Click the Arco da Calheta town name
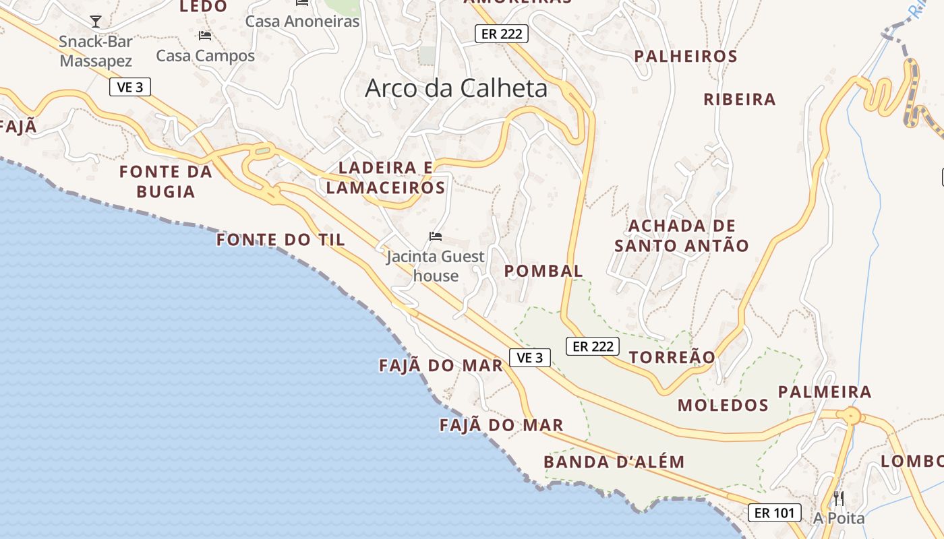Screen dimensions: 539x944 pos(456,88)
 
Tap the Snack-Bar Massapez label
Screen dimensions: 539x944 pos(96,51)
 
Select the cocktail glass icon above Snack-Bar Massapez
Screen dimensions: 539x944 pos(96,22)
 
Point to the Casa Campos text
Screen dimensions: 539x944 pos(206,56)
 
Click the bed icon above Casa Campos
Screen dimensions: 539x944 pos(205,36)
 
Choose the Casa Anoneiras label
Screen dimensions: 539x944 pos(302,21)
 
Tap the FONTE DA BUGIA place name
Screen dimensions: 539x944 pos(166,182)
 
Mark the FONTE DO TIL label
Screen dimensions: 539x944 pos(281,240)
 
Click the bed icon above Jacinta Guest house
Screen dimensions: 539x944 pos(436,236)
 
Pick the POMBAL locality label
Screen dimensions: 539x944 pos(543,271)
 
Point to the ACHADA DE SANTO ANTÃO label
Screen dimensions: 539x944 pos(682,236)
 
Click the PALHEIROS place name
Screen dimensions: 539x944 pos(686,57)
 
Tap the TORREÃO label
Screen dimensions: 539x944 pos(672,357)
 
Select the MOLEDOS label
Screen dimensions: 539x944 pos(723,405)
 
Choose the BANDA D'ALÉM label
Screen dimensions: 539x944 pos(614,462)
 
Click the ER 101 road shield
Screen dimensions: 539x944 pos(774,513)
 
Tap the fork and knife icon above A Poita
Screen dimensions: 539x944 pos(839,499)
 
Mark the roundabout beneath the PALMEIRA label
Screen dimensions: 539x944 pos(852,416)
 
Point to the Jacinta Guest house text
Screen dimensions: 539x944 pos(436,266)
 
